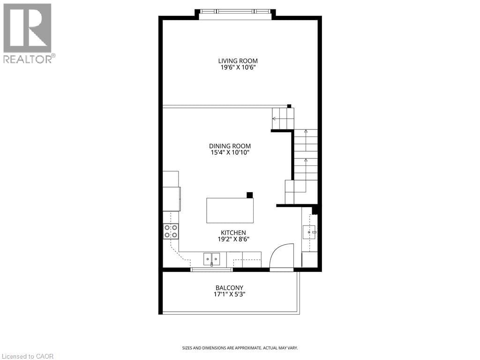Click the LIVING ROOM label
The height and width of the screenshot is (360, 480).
pyautogui.click(x=238, y=61)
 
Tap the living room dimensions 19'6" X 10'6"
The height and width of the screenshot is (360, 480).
pyautogui.click(x=238, y=67)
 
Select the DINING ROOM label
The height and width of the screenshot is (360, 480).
pyautogui.click(x=230, y=146)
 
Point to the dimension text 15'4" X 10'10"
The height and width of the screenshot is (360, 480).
pyautogui.click(x=230, y=153)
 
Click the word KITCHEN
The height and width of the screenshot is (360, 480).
pyautogui.click(x=233, y=232)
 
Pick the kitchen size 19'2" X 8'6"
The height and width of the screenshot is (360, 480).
pyautogui.click(x=233, y=239)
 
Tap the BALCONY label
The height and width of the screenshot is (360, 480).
pyautogui.click(x=229, y=288)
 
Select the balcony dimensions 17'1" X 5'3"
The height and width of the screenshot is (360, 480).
pyautogui.click(x=229, y=294)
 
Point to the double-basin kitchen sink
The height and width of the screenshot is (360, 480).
pyautogui.click(x=211, y=258)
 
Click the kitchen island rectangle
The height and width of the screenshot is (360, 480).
pyautogui.click(x=230, y=210)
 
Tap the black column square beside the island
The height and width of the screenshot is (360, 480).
pyautogui.click(x=250, y=195)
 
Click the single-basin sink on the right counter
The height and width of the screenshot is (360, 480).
pyautogui.click(x=310, y=232)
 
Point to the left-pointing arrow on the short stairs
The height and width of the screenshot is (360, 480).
pyautogui.click(x=274, y=119)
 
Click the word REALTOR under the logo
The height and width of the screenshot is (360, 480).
pyautogui.click(x=28, y=59)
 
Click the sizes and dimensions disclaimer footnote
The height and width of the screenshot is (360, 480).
pyautogui.click(x=240, y=348)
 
